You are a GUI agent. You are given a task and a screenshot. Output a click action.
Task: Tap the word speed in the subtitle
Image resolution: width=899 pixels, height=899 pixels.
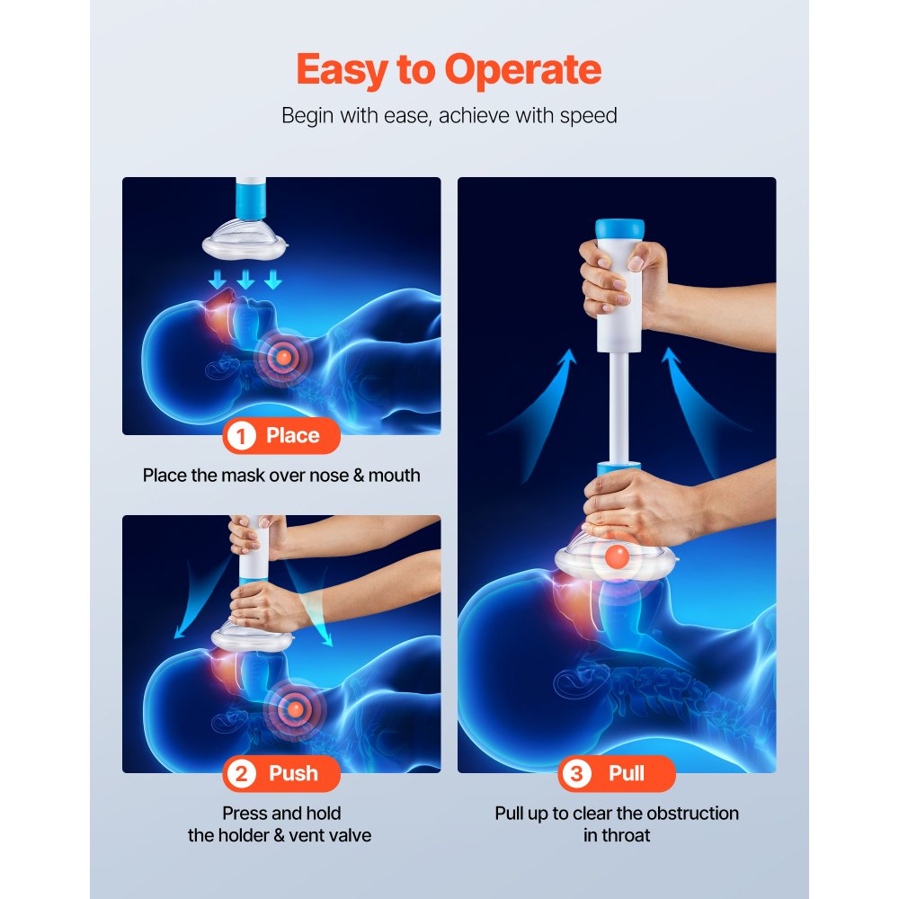[587, 116]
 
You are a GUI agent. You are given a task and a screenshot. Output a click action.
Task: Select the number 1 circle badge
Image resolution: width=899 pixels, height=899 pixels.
[240, 436]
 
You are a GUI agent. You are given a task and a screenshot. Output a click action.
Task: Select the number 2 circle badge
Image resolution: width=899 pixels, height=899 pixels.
[241, 774]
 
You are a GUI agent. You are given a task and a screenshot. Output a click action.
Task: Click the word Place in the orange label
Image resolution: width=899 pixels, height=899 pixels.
[293, 436]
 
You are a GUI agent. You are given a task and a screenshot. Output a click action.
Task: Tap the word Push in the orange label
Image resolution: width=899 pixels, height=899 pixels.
[293, 774]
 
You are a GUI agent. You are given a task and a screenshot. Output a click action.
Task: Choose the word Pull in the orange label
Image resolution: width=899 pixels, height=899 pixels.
[627, 774]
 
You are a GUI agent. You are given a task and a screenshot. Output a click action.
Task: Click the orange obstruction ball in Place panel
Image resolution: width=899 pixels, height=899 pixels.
[283, 357]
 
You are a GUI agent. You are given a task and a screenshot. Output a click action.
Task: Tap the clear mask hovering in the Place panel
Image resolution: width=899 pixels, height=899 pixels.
[245, 239]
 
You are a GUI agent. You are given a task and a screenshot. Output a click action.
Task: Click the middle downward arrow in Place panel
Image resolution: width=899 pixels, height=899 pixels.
[245, 281]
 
